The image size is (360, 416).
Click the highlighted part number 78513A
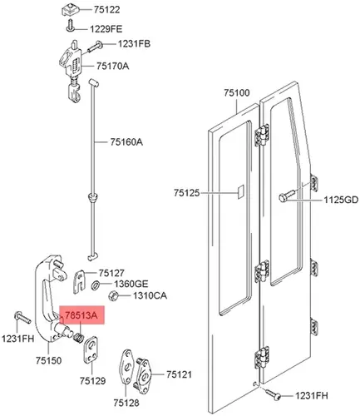tap(81, 315)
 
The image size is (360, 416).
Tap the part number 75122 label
tap(106, 10)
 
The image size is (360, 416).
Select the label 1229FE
tap(106, 29)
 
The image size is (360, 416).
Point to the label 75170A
tap(112, 66)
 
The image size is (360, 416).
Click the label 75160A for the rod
tap(126, 142)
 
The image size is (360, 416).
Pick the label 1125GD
tap(341, 200)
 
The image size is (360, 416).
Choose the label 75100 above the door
tap(237, 92)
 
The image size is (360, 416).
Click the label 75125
tap(187, 193)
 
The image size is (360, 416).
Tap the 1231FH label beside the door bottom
tap(312, 395)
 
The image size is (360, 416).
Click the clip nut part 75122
tap(70, 11)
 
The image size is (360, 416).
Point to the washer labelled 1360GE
tap(96, 285)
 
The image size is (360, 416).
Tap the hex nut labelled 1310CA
tap(112, 295)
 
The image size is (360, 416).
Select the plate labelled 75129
tap(91, 349)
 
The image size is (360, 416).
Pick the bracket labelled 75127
tap(80, 281)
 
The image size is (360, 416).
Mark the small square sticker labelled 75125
tap(240, 192)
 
